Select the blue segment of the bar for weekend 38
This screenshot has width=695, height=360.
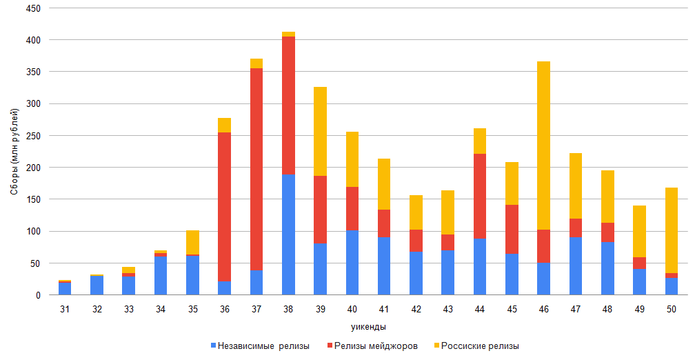click(288, 234)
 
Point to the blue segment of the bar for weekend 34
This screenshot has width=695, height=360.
click(161, 275)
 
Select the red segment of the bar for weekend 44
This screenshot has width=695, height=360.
click(479, 196)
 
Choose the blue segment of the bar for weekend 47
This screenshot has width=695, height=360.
click(575, 266)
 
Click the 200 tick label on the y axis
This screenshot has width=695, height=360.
click(33, 168)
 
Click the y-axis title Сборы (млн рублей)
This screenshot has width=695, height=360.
click(14, 152)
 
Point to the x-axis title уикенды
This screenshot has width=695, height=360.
click(367, 326)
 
